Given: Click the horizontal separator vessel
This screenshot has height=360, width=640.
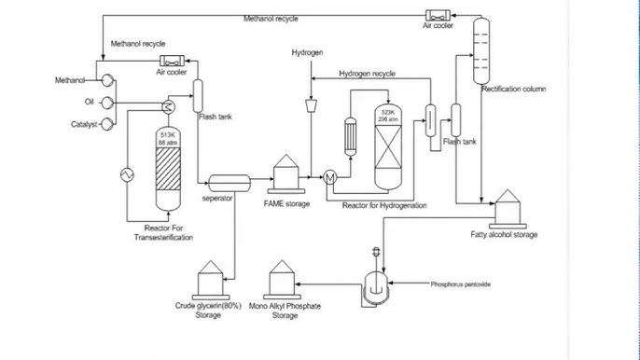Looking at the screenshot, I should pos(230,181).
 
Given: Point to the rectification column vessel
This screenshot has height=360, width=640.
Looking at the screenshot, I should pos(480,51).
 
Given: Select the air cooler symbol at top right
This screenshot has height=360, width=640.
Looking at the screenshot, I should pos(438,15).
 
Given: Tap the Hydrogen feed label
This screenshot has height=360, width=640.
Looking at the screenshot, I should pos(307,53).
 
